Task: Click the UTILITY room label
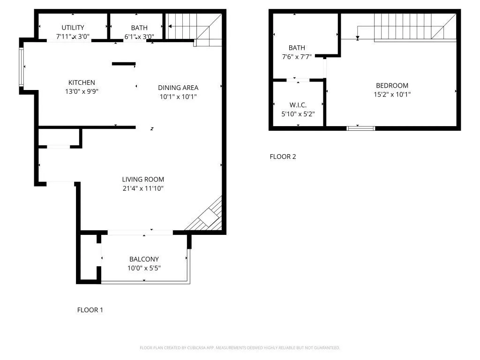point(73,28)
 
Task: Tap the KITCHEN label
point(82,82)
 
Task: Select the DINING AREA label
point(178,88)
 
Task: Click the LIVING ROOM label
point(143,179)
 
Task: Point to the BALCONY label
point(144,259)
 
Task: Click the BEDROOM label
point(392,85)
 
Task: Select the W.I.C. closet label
point(298,105)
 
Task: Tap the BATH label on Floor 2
point(297,48)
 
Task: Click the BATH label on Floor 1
point(139,28)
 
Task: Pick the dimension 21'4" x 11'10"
point(143,188)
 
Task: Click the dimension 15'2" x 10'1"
point(392,94)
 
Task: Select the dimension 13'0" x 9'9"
point(82,91)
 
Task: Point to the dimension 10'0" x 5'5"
point(144,268)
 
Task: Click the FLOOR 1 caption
point(90,310)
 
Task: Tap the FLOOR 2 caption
point(283,157)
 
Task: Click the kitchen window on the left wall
point(21,67)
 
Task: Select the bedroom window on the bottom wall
point(360,127)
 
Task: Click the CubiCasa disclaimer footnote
point(240,348)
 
